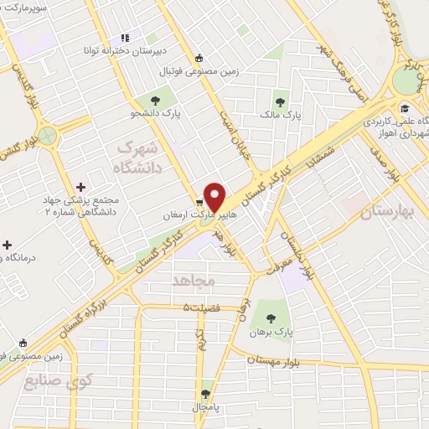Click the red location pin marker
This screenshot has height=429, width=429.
point(215,196)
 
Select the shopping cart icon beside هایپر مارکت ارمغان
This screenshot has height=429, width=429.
point(200,202)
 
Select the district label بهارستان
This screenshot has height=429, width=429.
point(388,212)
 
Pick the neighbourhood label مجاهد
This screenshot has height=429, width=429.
point(194,277)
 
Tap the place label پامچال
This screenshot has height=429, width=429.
point(207,405)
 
